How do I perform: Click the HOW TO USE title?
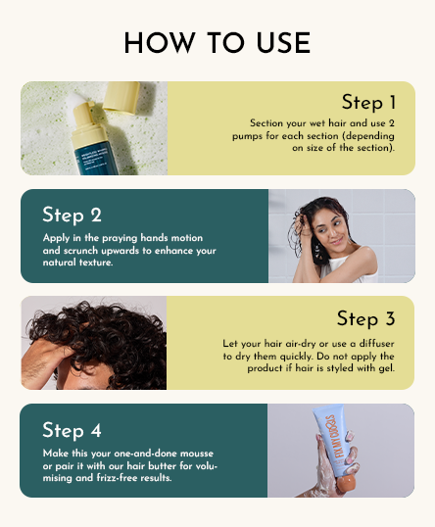tap(217, 43)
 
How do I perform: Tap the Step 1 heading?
tap(368, 102)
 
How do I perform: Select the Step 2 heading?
tap(72, 215)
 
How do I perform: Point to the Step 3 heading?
tap(364, 318)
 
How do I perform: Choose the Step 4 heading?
tap(72, 430)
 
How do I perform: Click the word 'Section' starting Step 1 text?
tap(266, 122)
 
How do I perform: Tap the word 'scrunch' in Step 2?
tap(79, 251)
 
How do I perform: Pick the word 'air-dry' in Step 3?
tap(290, 344)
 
